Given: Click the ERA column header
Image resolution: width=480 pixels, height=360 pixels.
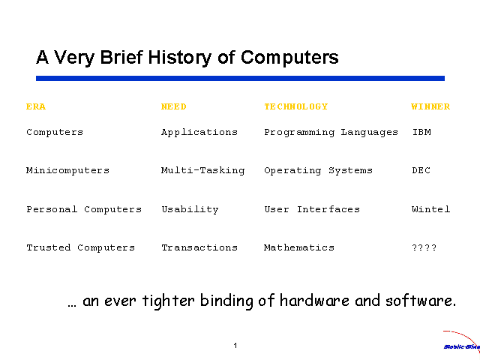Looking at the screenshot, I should pyautogui.click(x=36, y=106).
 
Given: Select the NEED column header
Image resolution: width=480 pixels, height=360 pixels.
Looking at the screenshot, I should pyautogui.click(x=174, y=106).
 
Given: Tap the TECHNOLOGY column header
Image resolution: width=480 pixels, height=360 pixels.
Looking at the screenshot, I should pyautogui.click(x=296, y=106).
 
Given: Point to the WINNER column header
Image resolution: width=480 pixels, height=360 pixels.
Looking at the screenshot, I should pyautogui.click(x=430, y=106).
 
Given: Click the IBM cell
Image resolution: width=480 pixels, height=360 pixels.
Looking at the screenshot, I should pyautogui.click(x=421, y=132).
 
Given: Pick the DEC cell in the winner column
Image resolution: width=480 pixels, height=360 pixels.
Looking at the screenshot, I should pyautogui.click(x=421, y=170).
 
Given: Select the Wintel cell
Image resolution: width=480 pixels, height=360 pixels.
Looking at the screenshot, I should pyautogui.click(x=431, y=209).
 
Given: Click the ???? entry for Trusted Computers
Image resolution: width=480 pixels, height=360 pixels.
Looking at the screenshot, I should pyautogui.click(x=424, y=247).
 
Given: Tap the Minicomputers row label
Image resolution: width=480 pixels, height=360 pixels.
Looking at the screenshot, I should pyautogui.click(x=67, y=170).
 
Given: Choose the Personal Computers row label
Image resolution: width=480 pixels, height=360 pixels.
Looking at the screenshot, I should pyautogui.click(x=84, y=209).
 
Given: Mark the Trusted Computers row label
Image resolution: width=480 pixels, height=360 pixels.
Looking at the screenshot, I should pyautogui.click(x=81, y=247).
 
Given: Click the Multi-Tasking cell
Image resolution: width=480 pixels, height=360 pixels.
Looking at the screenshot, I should pyautogui.click(x=202, y=170).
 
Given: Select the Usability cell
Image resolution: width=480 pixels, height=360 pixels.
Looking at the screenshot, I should pyautogui.click(x=190, y=209).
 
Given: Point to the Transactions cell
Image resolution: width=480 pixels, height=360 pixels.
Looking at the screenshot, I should pyautogui.click(x=199, y=247).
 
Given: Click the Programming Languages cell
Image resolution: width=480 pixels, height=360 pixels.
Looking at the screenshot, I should pyautogui.click(x=331, y=132).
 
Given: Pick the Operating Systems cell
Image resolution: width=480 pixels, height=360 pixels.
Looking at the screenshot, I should pyautogui.click(x=318, y=170).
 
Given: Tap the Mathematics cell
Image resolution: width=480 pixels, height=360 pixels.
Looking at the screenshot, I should pyautogui.click(x=299, y=247).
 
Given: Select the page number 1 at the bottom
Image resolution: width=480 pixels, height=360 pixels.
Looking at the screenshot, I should pyautogui.click(x=235, y=346).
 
